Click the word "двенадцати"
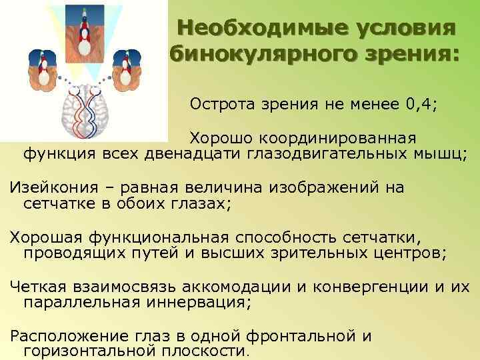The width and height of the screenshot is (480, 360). [x=207, y=155]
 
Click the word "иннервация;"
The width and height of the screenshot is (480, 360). [x=203, y=302]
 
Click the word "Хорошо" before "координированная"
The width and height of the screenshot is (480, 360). [x=215, y=139]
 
